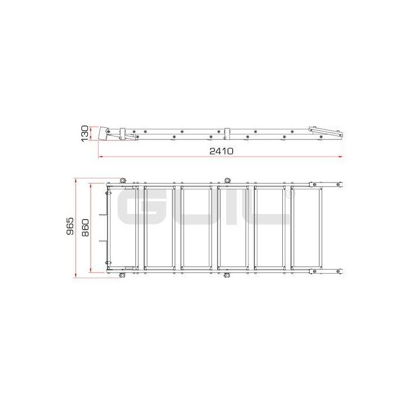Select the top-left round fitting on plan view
click(122, 181)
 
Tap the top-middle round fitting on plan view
click(227, 181)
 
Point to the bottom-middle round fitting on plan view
click(227, 276)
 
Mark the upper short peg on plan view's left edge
click(103, 216)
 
